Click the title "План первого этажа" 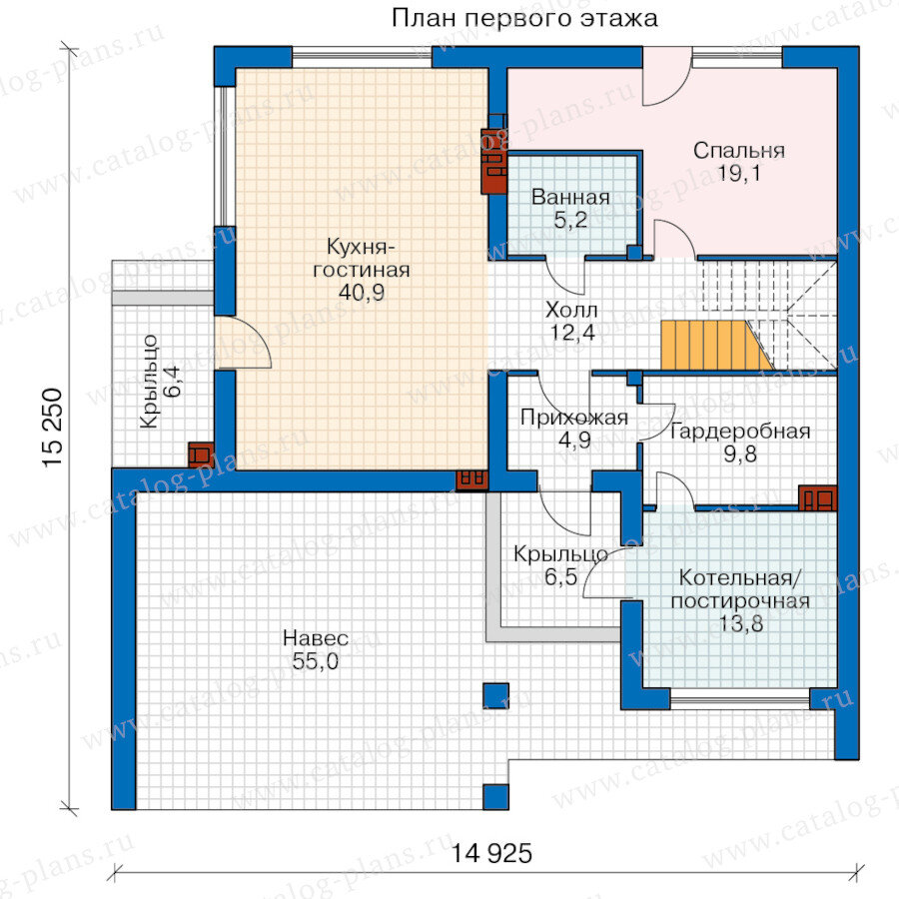(524, 18)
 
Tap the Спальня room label (738, 151)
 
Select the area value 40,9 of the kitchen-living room (362, 293)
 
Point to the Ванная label (570, 197)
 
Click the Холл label (571, 311)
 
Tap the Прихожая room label (574, 418)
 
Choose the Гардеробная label (739, 432)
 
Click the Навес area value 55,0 (316, 661)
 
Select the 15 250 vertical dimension (52, 428)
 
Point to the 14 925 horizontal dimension (491, 854)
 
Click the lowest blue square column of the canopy (495, 797)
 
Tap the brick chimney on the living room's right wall (493, 161)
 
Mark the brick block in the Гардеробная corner (817, 497)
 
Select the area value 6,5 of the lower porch (560, 576)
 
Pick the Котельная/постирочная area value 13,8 (741, 623)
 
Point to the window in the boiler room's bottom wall (739, 699)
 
